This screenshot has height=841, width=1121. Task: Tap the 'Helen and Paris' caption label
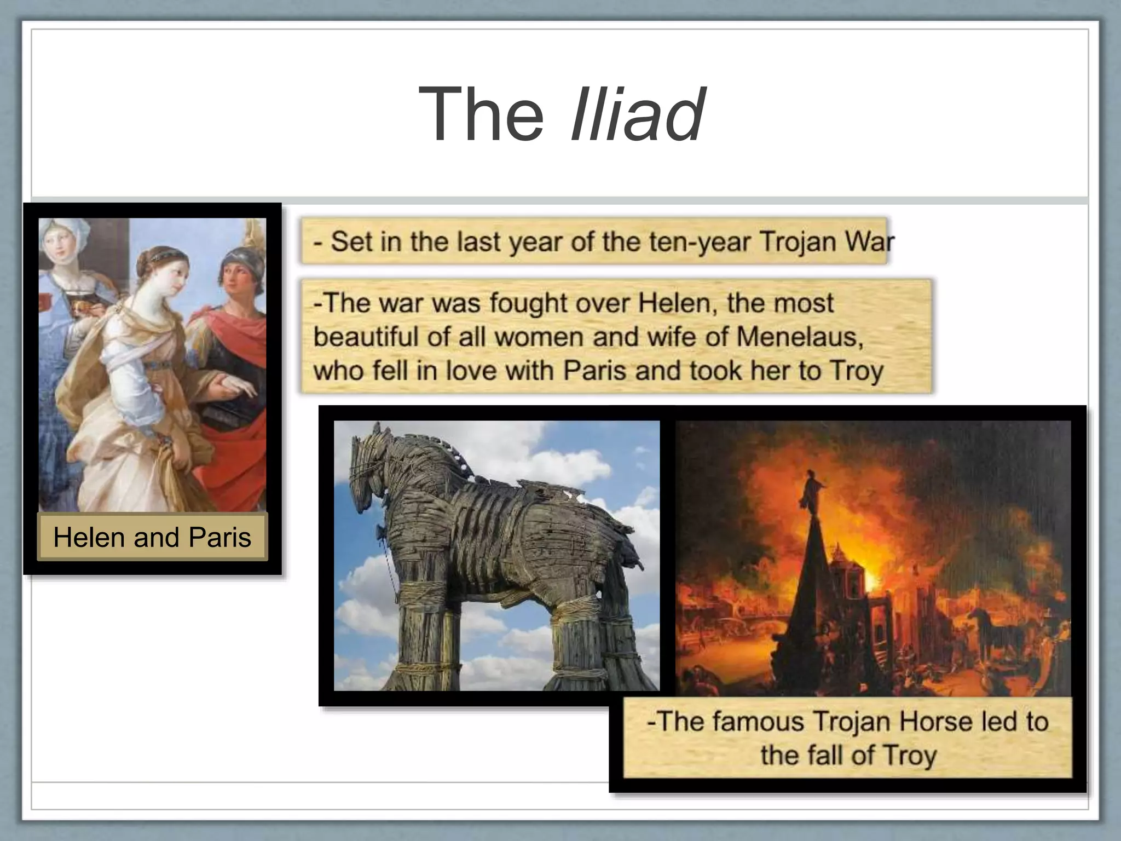pyautogui.click(x=152, y=537)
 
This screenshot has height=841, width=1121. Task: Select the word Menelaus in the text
pyautogui.click(x=799, y=336)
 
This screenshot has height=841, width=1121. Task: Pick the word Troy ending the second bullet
pyautogui.click(x=857, y=371)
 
